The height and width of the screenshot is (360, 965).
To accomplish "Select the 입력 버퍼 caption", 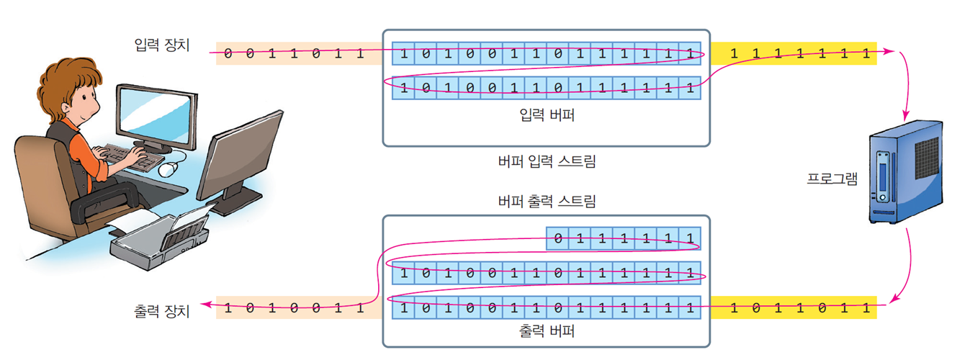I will click(547, 114).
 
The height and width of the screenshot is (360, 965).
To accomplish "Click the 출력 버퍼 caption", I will click(547, 331).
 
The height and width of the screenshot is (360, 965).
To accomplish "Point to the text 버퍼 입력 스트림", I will click(547, 161).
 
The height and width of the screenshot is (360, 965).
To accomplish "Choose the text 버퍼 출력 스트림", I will click(547, 201).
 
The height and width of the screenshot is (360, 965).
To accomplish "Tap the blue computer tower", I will click(905, 173).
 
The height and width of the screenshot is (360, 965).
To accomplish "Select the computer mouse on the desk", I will click(168, 169).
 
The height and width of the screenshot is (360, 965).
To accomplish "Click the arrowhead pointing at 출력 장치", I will click(204, 306).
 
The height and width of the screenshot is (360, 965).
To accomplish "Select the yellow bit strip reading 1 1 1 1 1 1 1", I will click(794, 53).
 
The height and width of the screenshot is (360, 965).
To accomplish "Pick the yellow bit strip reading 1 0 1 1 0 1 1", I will click(794, 308).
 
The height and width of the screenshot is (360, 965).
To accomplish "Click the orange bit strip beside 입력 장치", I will click(299, 53).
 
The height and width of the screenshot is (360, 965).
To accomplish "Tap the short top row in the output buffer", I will click(624, 238).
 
